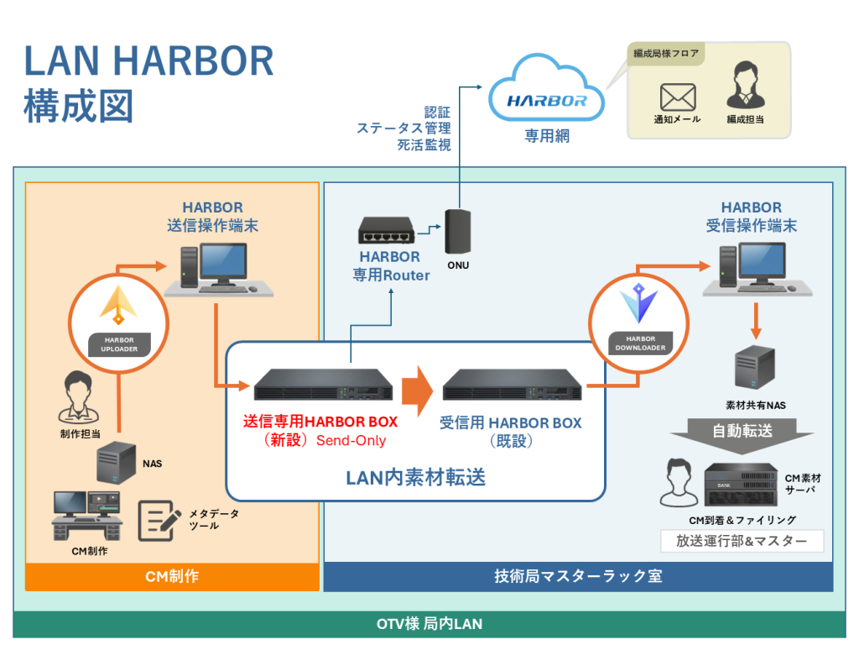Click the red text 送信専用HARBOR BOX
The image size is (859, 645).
320,422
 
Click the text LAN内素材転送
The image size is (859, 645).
415,477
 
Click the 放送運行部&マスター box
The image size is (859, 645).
742,542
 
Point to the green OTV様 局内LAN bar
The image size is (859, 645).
429,624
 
